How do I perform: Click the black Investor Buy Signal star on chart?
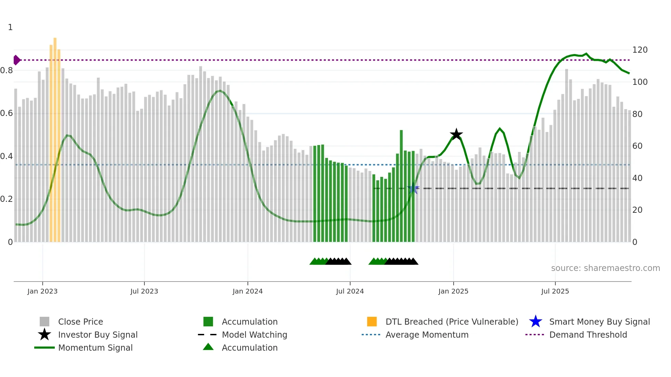click(456, 134)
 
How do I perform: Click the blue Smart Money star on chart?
click(413, 188)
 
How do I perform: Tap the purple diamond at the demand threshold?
click(16, 60)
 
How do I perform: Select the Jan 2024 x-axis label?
click(248, 291)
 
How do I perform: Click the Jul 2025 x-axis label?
click(555, 291)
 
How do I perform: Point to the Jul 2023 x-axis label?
click(144, 291)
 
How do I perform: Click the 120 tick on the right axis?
click(640, 50)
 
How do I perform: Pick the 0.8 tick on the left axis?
click(7, 70)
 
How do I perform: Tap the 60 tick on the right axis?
click(637, 146)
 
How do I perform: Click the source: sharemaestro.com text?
click(605, 268)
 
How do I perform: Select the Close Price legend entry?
click(80, 322)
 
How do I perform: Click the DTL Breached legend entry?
click(452, 322)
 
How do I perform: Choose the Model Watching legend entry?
click(254, 335)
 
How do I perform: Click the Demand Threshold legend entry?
click(588, 335)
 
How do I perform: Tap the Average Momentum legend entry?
click(427, 335)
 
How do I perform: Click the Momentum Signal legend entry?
click(95, 348)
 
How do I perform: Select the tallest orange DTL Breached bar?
click(55, 137)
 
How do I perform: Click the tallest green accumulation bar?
click(401, 185)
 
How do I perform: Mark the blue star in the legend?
click(535, 322)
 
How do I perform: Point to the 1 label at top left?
click(10, 27)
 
